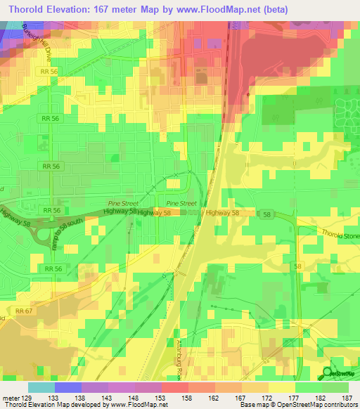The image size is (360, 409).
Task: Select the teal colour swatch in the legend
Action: click(41, 387)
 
